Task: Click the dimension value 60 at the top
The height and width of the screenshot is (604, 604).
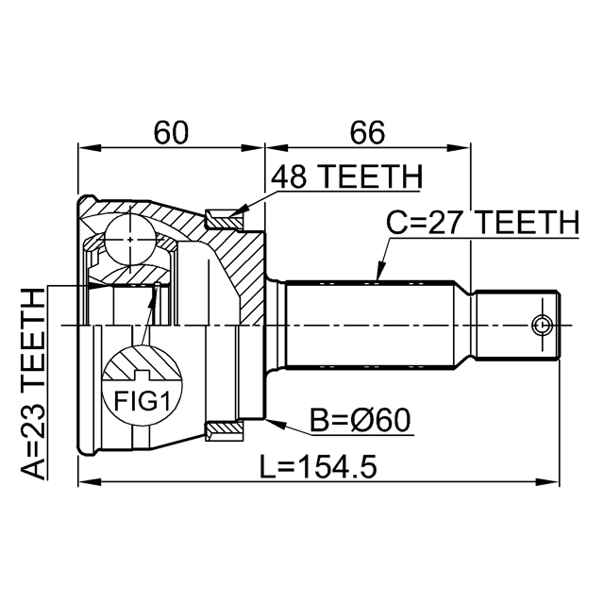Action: click(171, 133)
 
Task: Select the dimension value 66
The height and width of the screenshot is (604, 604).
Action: click(366, 133)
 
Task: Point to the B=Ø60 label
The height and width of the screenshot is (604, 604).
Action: click(361, 420)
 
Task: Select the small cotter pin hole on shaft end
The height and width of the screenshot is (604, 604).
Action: click(542, 325)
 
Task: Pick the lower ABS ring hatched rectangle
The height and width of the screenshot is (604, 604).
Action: click(223, 431)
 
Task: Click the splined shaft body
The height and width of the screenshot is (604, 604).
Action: click(377, 325)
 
